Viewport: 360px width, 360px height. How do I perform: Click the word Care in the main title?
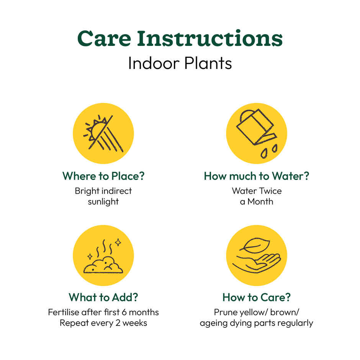[x=104, y=38]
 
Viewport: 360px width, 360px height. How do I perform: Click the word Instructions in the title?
[x=210, y=38]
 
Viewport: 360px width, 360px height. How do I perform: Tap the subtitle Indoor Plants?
[x=180, y=63]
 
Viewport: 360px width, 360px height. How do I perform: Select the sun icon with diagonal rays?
[x=103, y=133]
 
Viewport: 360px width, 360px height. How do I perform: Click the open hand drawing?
[x=257, y=263]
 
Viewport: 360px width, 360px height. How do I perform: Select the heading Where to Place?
[x=103, y=176]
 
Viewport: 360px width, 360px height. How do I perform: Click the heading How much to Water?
[x=257, y=176]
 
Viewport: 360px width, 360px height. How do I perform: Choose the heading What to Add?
[x=103, y=297]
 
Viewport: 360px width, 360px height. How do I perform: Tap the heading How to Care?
[x=257, y=297]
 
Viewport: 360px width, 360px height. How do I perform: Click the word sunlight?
[x=103, y=202]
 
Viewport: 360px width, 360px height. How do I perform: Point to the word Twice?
[x=270, y=191]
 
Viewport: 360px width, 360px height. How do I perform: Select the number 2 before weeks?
[x=118, y=323]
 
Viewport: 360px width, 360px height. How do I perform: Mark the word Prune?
[x=226, y=312]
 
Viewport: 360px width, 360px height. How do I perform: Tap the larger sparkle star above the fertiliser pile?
[x=118, y=242]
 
